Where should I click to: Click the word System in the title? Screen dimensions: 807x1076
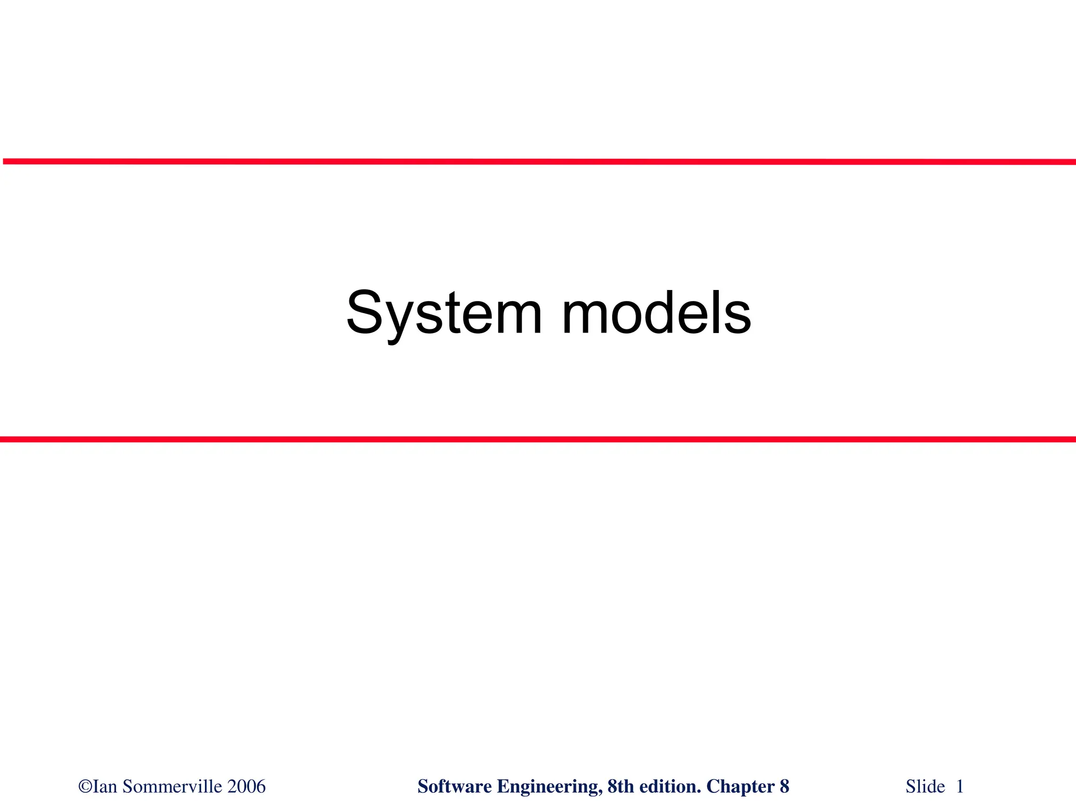[x=444, y=313]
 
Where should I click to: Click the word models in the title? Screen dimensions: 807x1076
[x=656, y=313]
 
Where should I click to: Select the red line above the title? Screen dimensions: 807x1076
[x=538, y=162]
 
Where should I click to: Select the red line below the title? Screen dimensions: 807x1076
[x=538, y=439]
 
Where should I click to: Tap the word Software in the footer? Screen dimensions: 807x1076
[x=454, y=787]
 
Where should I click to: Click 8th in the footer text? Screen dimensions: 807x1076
[x=620, y=787]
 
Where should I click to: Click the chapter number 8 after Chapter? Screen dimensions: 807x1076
[x=784, y=787]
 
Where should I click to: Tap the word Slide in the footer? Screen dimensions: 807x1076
[x=925, y=787]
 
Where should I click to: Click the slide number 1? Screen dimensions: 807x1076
[x=960, y=787]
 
